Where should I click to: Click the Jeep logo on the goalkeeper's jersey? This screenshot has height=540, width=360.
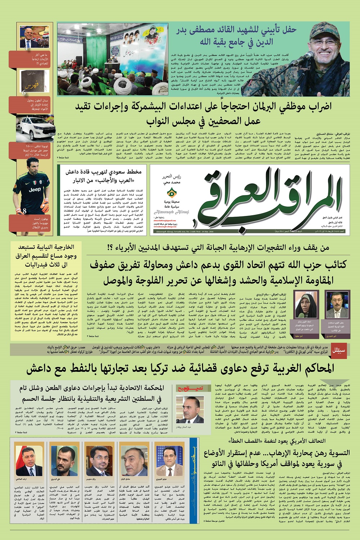coord(35,189)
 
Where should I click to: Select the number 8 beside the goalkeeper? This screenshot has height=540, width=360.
coord(25,211)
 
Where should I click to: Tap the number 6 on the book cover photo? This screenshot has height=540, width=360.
coord(24,93)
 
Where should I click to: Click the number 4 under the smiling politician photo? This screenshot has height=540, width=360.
coord(26,46)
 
